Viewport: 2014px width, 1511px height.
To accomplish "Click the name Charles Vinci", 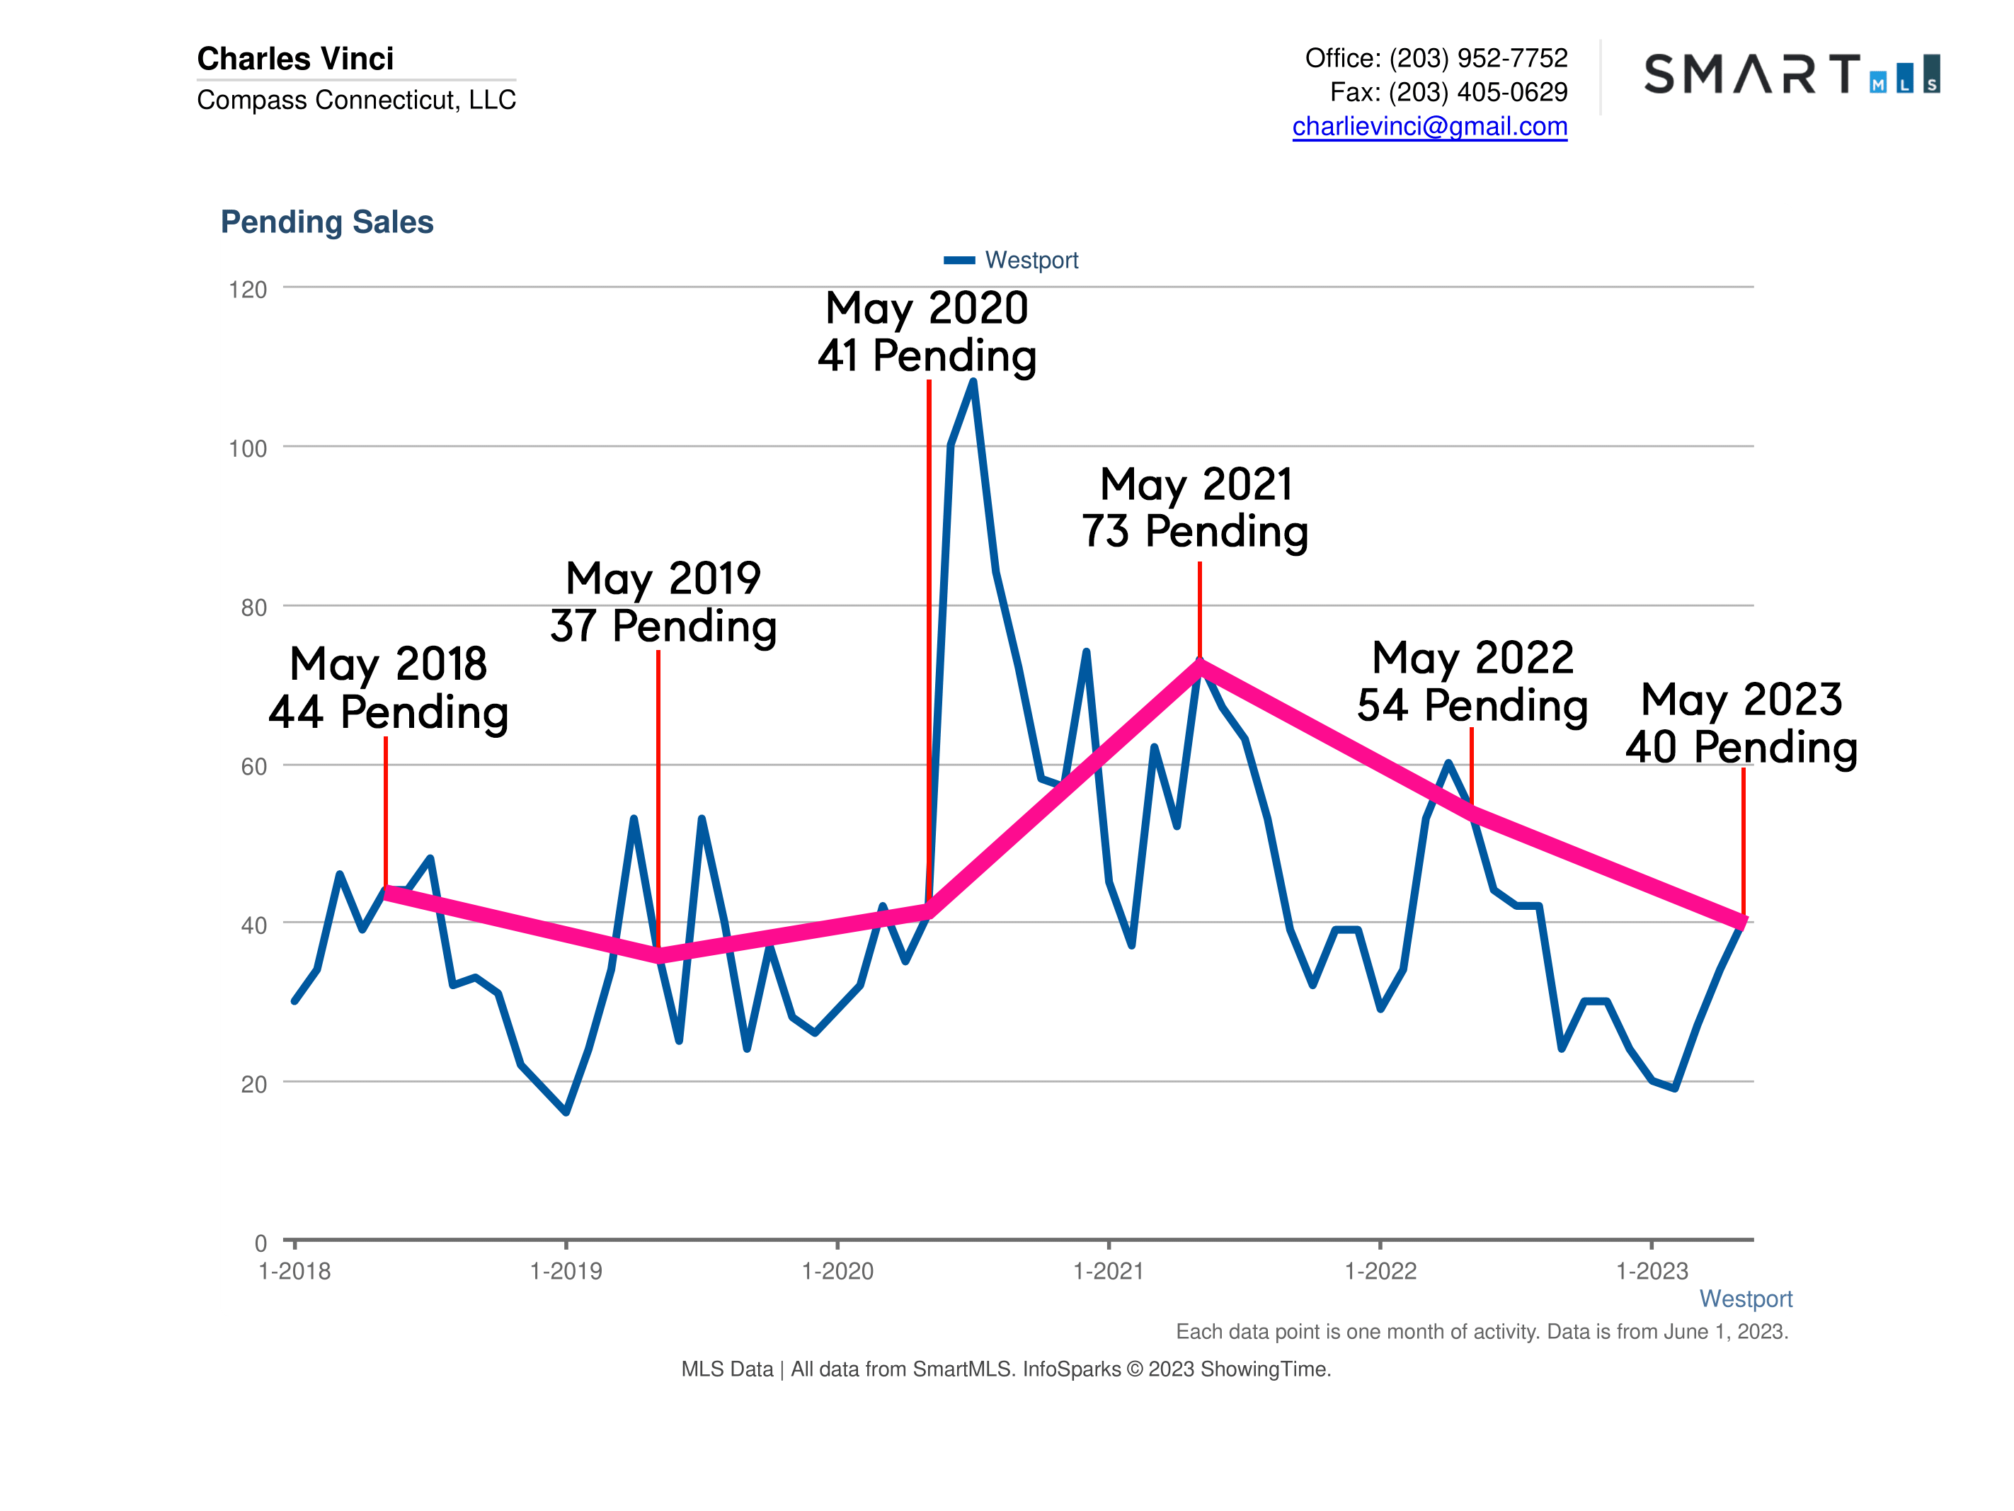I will tap(295, 58).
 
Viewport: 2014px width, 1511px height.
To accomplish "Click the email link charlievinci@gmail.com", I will tap(1429, 126).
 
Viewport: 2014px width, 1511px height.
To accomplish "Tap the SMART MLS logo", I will tap(1791, 74).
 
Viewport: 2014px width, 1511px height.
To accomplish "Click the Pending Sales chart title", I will tap(327, 222).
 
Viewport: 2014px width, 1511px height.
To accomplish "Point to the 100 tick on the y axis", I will tap(248, 448).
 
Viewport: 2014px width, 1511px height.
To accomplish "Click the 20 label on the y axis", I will tap(253, 1084).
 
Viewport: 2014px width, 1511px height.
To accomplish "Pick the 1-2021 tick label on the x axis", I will tap(1108, 1270).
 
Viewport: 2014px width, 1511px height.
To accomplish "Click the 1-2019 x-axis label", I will tap(566, 1270).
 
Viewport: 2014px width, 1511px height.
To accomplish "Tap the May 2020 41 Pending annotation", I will tap(927, 331).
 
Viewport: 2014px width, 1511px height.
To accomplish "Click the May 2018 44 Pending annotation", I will tap(389, 688).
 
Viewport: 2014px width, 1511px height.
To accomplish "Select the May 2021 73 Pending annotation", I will tap(1194, 507).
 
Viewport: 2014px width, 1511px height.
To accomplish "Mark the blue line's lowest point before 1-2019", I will tap(566, 1111).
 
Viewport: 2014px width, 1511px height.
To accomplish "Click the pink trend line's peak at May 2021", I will tap(1200, 666).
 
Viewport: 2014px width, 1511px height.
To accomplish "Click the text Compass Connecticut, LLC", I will tap(356, 99).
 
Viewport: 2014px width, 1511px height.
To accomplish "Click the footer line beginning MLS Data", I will tap(1005, 1369).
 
